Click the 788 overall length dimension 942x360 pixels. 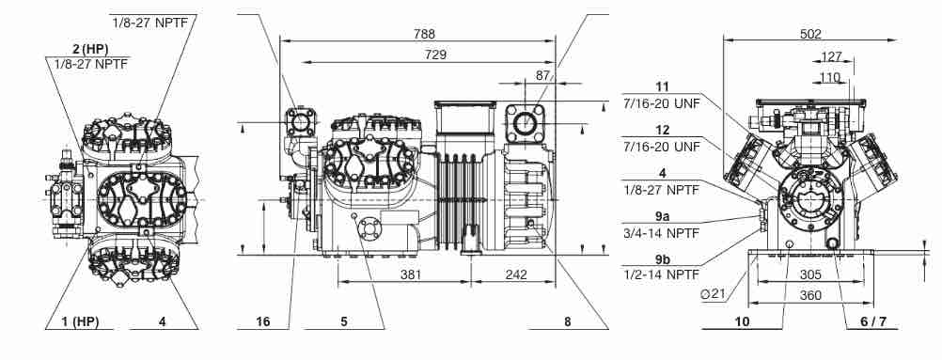pyautogui.click(x=425, y=34)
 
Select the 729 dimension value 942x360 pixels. pyautogui.click(x=435, y=55)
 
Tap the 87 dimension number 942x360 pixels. pyautogui.click(x=543, y=75)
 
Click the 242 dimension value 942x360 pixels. pyautogui.click(x=516, y=274)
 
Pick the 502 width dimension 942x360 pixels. pyautogui.click(x=810, y=34)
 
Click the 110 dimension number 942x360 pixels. pyautogui.click(x=830, y=77)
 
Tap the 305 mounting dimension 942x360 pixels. pyautogui.click(x=810, y=275)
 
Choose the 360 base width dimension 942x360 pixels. pyautogui.click(x=810, y=296)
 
